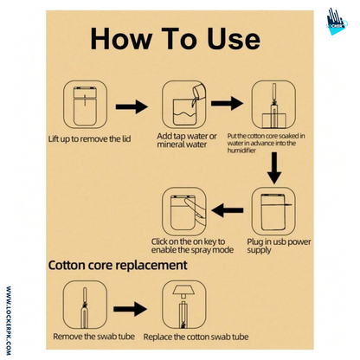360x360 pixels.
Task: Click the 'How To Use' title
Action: click(176, 39)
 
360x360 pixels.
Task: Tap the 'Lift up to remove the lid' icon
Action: click(86, 105)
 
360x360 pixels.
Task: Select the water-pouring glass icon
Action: click(184, 105)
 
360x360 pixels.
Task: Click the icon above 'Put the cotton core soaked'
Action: click(273, 105)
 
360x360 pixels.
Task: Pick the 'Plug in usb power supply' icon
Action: click(273, 211)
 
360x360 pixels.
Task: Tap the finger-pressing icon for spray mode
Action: click(184, 211)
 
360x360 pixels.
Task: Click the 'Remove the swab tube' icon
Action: click(85, 305)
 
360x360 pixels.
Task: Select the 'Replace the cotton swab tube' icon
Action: click(184, 305)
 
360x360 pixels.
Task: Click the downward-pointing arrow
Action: click(274, 168)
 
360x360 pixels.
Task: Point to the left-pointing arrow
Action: click(228, 210)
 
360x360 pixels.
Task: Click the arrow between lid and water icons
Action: click(132, 106)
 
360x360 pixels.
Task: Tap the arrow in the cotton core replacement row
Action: click(130, 309)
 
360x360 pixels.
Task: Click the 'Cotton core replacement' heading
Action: click(118, 265)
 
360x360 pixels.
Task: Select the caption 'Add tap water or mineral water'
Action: click(187, 140)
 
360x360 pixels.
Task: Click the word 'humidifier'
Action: click(241, 151)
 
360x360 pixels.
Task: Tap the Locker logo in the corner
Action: click(337, 22)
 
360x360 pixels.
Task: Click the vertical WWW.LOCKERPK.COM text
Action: click(9, 321)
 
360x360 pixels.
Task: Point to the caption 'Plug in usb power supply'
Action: click(279, 246)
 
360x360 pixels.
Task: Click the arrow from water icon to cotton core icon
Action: click(228, 103)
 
